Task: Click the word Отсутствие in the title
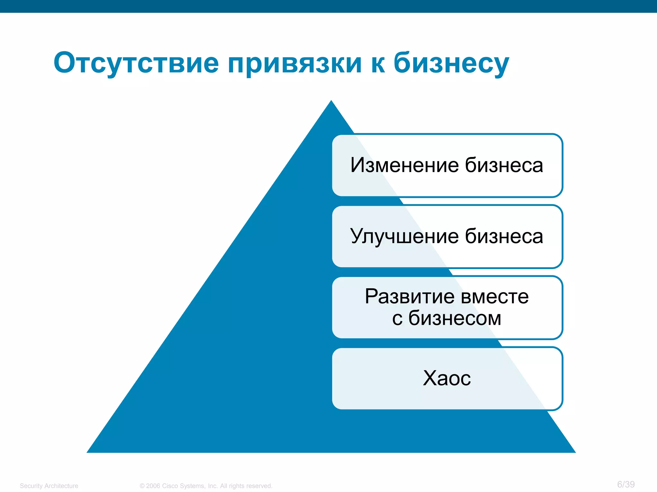[136, 63]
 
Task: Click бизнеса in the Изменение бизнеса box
[504, 165]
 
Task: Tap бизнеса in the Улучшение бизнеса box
[504, 236]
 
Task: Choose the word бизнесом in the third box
[455, 318]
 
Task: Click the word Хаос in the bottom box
[447, 378]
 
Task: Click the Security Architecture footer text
[49, 486]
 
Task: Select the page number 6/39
[626, 484]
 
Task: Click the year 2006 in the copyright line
[153, 486]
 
